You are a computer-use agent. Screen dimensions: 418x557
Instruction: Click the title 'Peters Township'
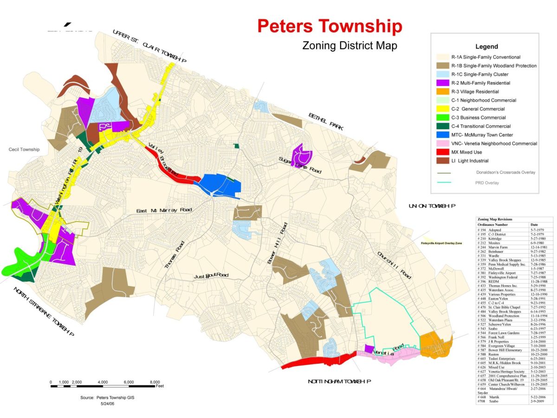point(330,26)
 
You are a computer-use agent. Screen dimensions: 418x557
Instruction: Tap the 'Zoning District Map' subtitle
point(350,46)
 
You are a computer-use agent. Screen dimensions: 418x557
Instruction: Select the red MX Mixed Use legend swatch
point(443,152)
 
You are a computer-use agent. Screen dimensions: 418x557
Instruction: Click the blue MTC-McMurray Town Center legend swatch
point(443,135)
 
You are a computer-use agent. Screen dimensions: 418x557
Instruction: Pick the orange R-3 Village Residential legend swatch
point(443,92)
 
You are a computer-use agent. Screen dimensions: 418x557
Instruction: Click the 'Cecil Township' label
point(24,150)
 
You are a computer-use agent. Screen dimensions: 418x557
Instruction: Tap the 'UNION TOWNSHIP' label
point(432,206)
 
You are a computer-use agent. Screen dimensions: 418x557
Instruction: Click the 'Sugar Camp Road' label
point(300,165)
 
